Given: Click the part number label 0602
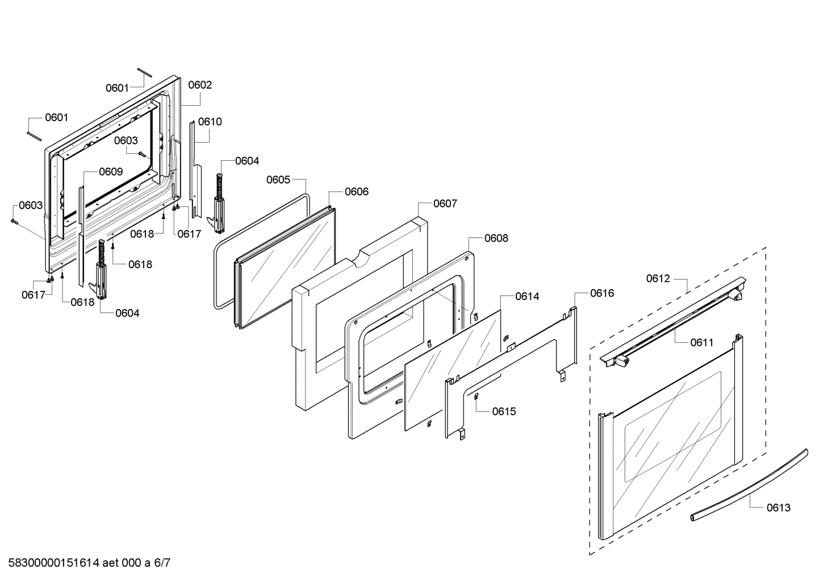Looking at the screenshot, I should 200,85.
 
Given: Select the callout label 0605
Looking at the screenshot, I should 278,180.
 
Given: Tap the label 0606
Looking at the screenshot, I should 356,192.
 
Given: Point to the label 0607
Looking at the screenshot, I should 445,204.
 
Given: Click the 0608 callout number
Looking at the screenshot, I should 496,239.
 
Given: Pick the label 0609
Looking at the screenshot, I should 111,172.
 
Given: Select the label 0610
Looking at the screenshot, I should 210,122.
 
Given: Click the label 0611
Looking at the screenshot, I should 701,343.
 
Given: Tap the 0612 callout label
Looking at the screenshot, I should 658,279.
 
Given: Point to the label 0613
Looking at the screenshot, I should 778,508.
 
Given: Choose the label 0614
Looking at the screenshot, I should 527,297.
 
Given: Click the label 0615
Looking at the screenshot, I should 504,411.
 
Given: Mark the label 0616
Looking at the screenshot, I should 601,293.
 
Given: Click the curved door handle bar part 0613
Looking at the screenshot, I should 750,483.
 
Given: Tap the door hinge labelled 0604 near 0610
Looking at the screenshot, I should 218,205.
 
